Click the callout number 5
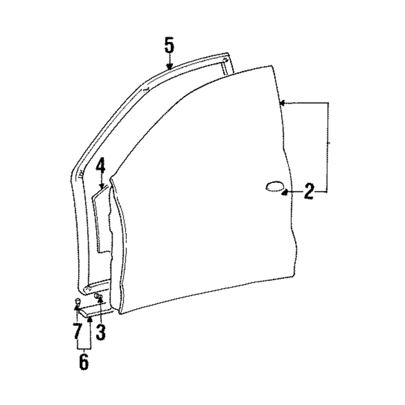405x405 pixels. point(169,46)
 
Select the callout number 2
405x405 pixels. point(309,192)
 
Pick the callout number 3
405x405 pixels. point(101,332)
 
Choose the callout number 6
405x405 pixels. point(84,362)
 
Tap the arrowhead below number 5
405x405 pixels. point(169,67)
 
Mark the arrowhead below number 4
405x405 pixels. point(102,185)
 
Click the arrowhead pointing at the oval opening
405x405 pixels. point(285,192)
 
